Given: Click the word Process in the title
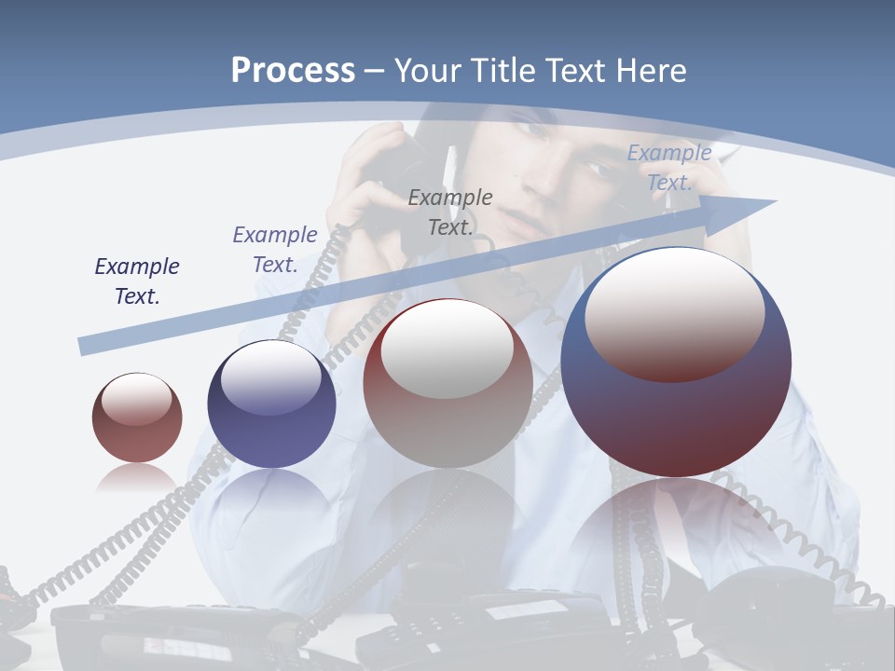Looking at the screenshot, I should (293, 71).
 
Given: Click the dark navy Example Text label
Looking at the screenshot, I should (137, 281).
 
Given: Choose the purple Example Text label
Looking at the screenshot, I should (275, 250).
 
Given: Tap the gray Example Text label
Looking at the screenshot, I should (450, 212).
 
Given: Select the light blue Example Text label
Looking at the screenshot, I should (669, 167).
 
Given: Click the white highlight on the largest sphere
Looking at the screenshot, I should (675, 312).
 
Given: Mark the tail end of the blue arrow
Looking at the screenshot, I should (84, 347).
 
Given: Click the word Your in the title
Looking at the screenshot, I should (426, 71).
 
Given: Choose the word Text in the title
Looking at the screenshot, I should (574, 71).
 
